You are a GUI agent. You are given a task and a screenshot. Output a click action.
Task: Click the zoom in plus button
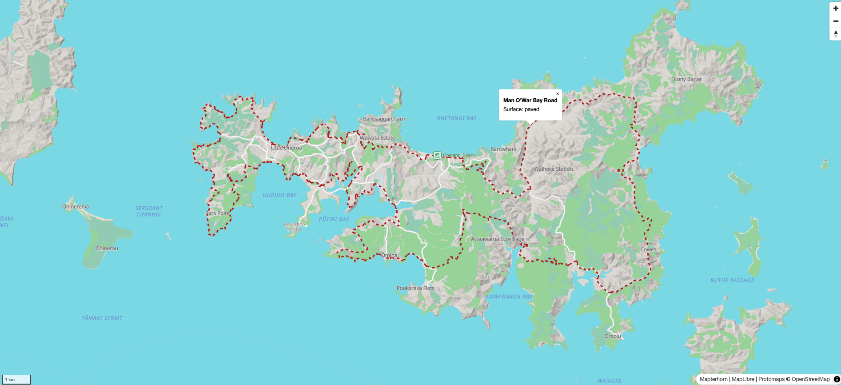[x=835, y=8]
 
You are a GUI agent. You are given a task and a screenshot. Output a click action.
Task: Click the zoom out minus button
[x=835, y=21]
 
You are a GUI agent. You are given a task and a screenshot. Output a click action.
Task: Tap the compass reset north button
[x=835, y=34]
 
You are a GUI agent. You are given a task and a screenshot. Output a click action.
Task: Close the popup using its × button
[x=558, y=94]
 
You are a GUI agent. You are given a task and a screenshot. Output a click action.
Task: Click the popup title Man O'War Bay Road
[x=530, y=100]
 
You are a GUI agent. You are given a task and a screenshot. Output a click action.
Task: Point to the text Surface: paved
[x=521, y=109]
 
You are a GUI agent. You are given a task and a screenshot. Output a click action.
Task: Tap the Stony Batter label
[x=686, y=79]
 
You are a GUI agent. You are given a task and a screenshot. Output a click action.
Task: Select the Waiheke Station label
[x=553, y=169]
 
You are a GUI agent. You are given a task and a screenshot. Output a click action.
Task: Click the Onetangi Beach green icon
[x=437, y=155]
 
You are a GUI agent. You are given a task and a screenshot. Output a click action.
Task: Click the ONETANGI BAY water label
[x=456, y=118]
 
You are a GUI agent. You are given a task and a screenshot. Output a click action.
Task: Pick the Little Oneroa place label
[x=286, y=148]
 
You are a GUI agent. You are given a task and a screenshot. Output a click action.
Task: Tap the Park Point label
[x=218, y=213]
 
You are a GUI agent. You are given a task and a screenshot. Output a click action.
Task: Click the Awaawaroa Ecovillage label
[x=498, y=239]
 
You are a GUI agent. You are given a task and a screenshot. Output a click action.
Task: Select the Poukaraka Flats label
[x=415, y=288]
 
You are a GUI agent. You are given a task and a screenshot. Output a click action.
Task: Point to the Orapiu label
[x=613, y=336]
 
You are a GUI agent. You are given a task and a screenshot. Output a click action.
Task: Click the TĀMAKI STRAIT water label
[x=102, y=318]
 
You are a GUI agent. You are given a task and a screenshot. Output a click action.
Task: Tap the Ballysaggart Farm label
[x=385, y=119]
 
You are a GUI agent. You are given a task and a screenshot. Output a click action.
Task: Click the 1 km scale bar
[x=16, y=379]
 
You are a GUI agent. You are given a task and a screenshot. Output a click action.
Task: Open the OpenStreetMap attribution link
[x=810, y=379]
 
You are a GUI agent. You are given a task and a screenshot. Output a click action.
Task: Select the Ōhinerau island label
[x=107, y=249]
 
